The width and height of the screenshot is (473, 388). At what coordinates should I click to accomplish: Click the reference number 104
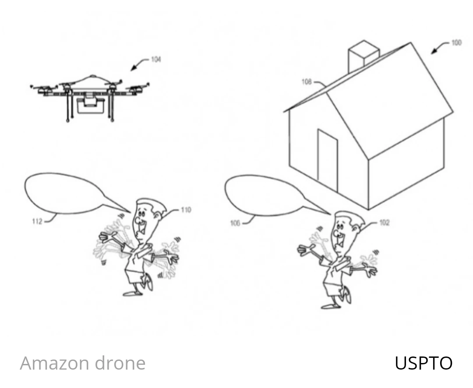point(156,59)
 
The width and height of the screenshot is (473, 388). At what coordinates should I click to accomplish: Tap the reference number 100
point(456,42)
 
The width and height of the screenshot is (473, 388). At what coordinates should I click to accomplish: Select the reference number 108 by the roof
point(307,81)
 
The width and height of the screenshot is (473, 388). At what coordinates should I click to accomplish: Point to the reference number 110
point(186,210)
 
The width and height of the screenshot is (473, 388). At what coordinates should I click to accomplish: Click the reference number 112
point(37,221)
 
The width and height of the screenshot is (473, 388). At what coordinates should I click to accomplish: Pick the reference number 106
point(235,223)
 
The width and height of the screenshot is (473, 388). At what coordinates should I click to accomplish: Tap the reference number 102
point(384,223)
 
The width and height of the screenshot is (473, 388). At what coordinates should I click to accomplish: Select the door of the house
point(328,160)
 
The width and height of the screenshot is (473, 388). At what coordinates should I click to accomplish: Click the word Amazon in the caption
point(53,363)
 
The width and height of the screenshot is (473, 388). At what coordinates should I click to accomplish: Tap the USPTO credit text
point(423,363)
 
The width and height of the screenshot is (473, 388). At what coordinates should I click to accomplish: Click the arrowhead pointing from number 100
point(434,52)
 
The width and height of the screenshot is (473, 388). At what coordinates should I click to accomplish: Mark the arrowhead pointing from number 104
point(133,69)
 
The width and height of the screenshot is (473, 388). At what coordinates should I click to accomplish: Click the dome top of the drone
point(92,78)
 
